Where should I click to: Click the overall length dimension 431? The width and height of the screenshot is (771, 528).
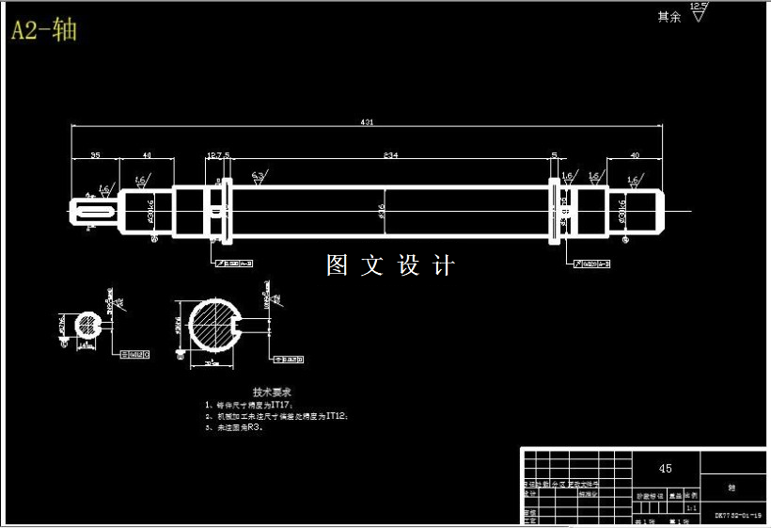(368, 121)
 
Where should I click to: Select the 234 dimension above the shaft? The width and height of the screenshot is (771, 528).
(389, 155)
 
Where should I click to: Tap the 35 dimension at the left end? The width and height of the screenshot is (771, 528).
(95, 155)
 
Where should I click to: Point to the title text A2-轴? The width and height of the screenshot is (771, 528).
(43, 30)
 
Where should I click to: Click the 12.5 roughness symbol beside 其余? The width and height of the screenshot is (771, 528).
(698, 12)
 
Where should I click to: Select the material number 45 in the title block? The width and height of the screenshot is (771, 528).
(665, 468)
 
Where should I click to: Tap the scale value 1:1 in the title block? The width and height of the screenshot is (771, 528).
(692, 505)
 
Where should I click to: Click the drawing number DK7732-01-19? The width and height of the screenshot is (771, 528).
(737, 516)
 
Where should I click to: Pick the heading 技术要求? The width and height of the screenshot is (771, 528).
(273, 391)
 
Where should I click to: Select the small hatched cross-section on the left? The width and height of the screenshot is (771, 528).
(87, 326)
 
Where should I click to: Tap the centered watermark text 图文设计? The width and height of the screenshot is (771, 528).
(389, 265)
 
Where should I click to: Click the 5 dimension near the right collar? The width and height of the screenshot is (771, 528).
(555, 155)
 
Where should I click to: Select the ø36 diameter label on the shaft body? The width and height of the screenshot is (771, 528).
(382, 212)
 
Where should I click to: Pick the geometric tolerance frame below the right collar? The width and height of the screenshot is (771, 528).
(592, 264)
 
